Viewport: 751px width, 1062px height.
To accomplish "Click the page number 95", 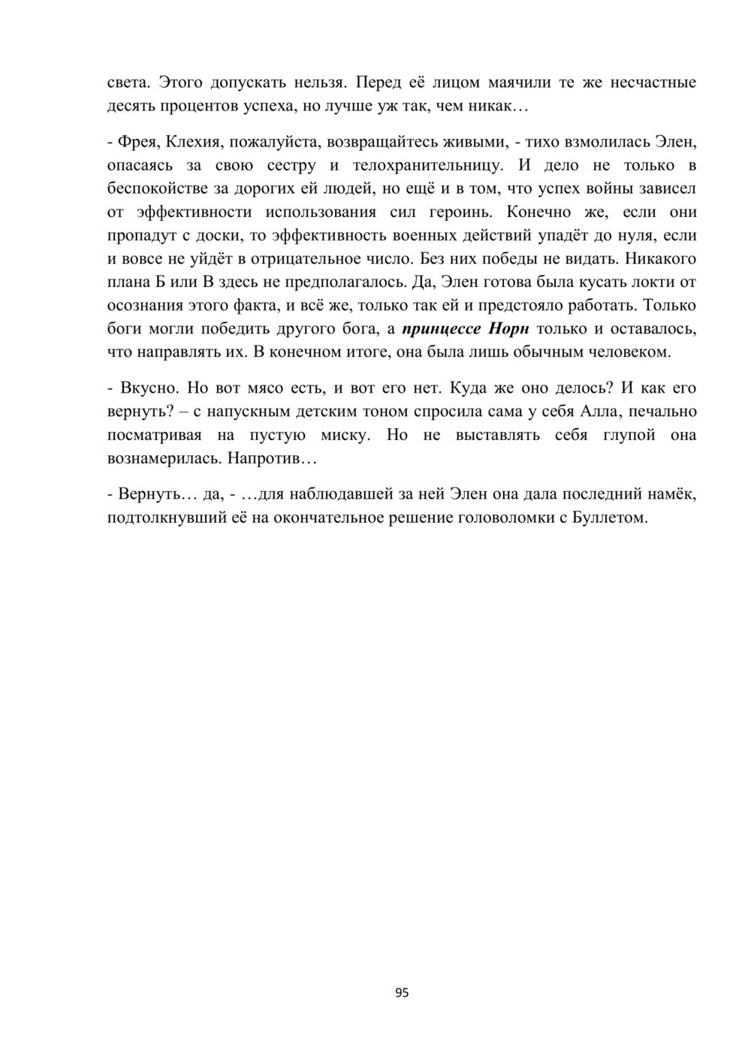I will (x=402, y=993).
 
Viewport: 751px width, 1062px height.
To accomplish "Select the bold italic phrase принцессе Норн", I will (x=466, y=329).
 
